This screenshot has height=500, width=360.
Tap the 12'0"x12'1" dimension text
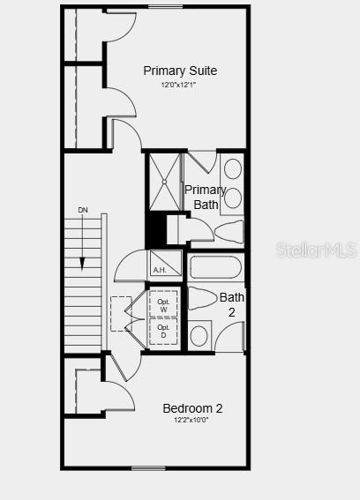coord(178,85)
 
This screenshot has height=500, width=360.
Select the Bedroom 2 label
coord(192,408)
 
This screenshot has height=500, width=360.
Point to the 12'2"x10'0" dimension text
coord(191,421)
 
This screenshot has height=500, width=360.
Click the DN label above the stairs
coord(83,210)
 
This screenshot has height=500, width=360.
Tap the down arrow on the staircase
coord(82,264)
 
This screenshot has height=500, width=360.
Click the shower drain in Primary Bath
coord(164,181)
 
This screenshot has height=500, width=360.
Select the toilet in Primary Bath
coord(229,232)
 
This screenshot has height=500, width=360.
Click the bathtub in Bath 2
coord(216,267)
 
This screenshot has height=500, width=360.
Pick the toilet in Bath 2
coord(203,297)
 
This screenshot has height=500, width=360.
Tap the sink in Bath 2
coord(199,335)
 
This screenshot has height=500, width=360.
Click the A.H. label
coord(160,270)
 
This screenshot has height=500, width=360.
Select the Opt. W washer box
coord(163,303)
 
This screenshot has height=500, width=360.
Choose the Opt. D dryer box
coord(163,331)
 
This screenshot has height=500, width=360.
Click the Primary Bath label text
coord(205,198)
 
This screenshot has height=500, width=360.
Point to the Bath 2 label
coord(232,304)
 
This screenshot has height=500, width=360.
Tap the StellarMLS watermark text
coord(317,250)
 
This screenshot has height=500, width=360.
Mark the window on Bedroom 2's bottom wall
coord(148,467)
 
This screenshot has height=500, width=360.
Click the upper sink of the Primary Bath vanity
coord(233,168)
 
